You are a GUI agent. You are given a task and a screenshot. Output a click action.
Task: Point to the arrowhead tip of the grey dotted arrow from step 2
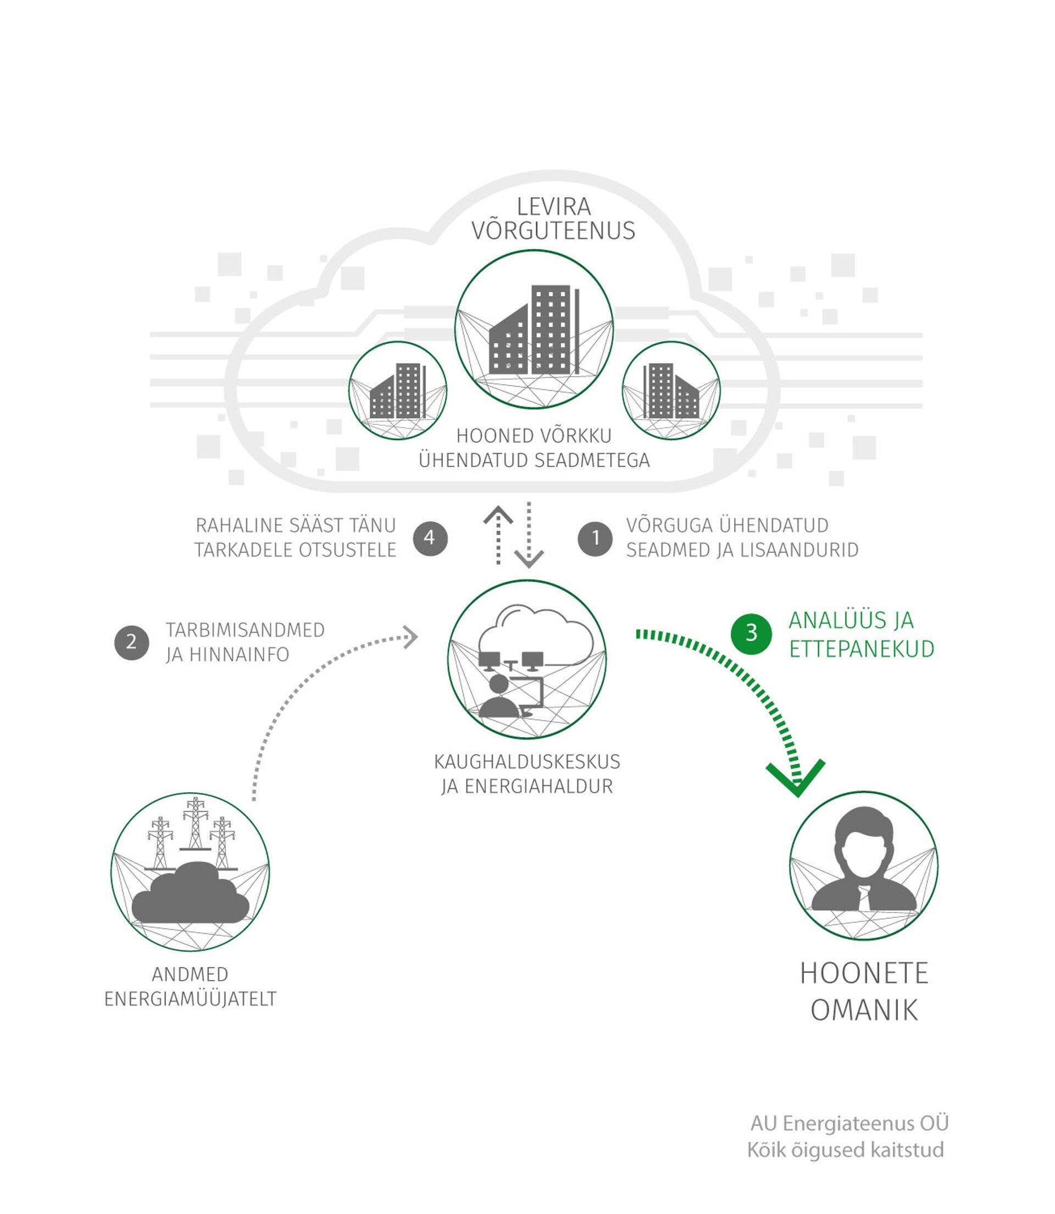[418, 636]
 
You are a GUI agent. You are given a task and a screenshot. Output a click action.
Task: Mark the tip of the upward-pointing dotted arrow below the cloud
[498, 506]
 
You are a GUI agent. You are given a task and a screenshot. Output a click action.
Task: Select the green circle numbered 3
[751, 633]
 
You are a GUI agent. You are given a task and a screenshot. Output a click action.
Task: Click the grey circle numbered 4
[430, 538]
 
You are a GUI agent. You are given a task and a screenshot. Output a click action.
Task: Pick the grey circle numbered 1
[595, 538]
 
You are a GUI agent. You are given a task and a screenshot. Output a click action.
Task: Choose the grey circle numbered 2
[131, 642]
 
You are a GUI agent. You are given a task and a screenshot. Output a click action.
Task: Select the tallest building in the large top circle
[551, 330]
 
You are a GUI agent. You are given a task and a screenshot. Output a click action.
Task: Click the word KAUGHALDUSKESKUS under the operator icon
[527, 761]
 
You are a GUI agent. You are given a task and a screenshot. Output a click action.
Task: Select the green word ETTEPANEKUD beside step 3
[862, 649]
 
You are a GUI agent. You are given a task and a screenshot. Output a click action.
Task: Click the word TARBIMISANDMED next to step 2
[245, 630]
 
